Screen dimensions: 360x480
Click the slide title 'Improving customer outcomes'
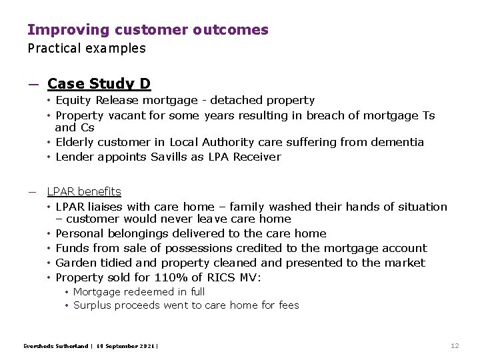point(147,30)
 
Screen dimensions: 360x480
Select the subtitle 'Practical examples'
point(86,48)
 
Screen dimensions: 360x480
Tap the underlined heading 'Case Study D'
point(99,84)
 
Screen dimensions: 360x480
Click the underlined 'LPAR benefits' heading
point(84,192)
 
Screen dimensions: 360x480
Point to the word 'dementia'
point(399,142)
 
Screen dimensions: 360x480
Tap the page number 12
point(455,345)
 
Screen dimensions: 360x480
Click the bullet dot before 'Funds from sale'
point(50,248)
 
